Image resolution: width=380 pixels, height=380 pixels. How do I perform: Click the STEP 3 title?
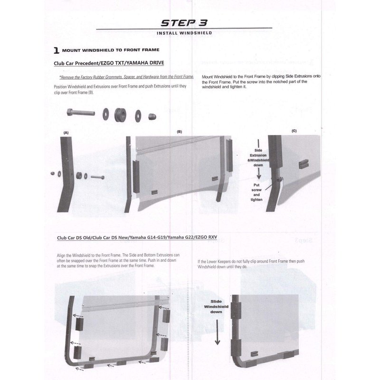coord(184,23)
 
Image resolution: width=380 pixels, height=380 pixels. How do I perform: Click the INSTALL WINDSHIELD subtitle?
coord(184,33)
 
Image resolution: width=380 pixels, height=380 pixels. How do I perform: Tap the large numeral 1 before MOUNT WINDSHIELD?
coord(56,50)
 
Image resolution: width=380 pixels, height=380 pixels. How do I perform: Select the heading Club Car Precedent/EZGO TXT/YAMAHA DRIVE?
coord(109,63)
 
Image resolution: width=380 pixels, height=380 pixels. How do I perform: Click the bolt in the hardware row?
coord(81,113)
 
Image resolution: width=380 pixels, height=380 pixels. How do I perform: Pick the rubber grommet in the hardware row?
coord(120,115)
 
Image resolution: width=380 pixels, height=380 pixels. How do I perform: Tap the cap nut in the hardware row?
coord(152,116)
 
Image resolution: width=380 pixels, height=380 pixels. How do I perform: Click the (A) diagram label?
coord(66,133)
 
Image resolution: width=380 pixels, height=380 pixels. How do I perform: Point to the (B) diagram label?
coord(180,132)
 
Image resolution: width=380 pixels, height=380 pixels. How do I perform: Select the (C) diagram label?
coord(294,131)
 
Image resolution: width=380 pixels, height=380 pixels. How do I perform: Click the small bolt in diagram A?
coord(97,177)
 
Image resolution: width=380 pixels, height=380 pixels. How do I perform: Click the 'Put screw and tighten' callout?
coord(256,192)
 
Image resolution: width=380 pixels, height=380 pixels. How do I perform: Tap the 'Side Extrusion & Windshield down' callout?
coord(258,158)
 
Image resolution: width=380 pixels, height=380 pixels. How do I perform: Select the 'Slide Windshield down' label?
coord(216,306)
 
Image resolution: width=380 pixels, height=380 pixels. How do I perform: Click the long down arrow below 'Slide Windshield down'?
coord(218,332)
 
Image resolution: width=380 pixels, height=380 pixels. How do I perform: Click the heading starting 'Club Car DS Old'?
coord(137,237)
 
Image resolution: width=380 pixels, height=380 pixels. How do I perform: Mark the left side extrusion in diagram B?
coord(136,177)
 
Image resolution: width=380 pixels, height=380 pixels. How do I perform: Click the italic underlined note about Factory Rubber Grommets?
coord(126,77)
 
